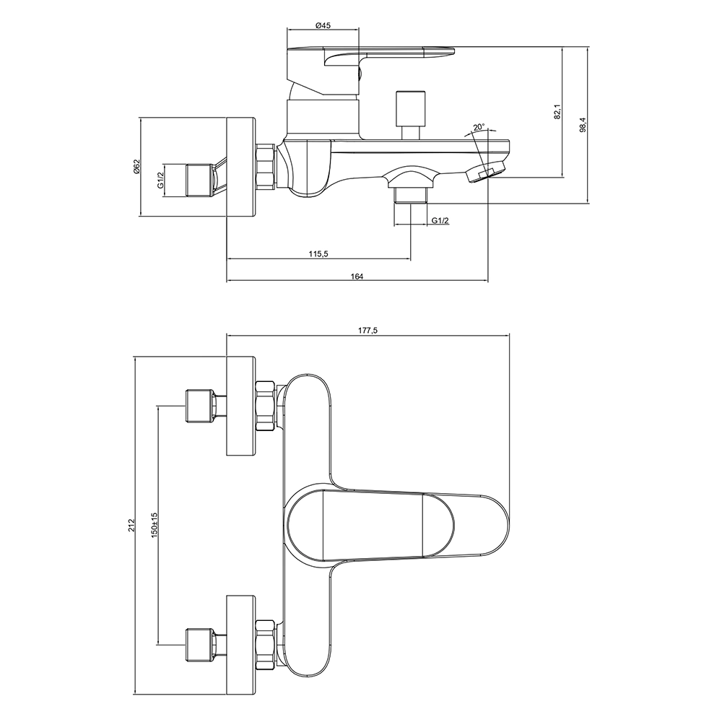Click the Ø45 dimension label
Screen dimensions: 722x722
[323, 25]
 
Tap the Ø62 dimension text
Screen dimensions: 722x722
[136, 168]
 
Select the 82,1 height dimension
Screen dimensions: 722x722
[557, 112]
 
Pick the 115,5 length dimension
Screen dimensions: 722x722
[318, 253]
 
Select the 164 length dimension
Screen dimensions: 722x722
[357, 276]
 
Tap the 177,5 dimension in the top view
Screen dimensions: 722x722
[367, 330]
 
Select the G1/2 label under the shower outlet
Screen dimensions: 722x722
[440, 220]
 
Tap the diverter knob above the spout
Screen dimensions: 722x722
[412, 108]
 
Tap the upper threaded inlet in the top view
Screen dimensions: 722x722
[200, 405]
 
